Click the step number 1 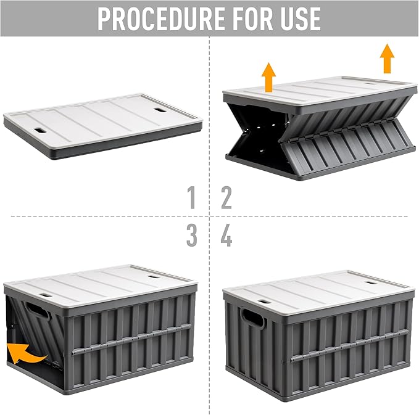tap(192, 198)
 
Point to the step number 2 tap(226, 198)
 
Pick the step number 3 tap(192, 236)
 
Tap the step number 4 tap(226, 236)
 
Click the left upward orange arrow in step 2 tap(268, 78)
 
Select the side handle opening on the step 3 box tap(37, 311)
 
